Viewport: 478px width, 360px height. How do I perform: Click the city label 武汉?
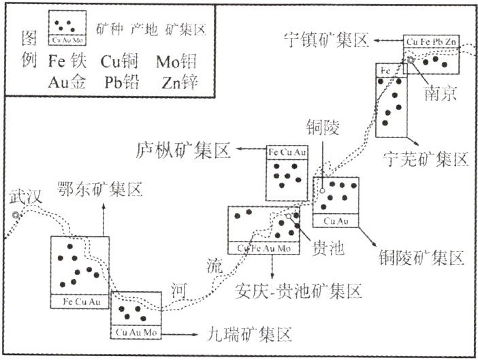[x=26, y=197]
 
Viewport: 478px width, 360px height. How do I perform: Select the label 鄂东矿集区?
[x=100, y=189]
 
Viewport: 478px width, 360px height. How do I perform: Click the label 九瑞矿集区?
[x=249, y=334]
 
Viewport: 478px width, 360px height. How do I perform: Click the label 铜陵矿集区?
[x=421, y=257]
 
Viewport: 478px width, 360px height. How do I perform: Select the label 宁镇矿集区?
[x=325, y=41]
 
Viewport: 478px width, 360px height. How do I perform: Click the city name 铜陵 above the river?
[x=320, y=128]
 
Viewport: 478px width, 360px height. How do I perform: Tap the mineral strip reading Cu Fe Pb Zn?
[x=432, y=42]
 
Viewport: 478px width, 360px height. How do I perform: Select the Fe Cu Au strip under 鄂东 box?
[x=80, y=300]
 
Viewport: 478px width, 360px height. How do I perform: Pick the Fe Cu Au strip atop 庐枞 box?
[x=287, y=150]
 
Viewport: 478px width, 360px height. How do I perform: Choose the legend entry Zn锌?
[x=179, y=82]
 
